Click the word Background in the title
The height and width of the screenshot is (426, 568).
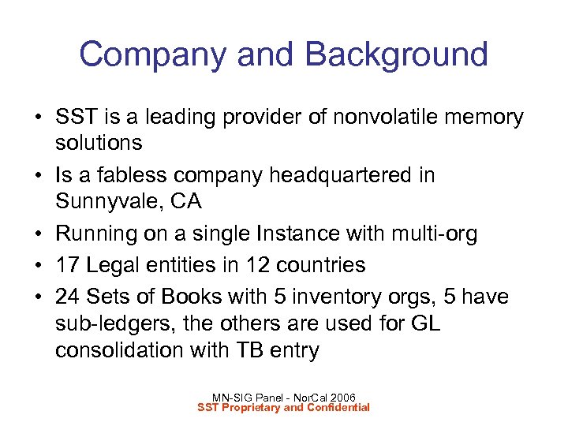point(396,55)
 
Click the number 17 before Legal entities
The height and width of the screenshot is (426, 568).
point(69,265)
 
